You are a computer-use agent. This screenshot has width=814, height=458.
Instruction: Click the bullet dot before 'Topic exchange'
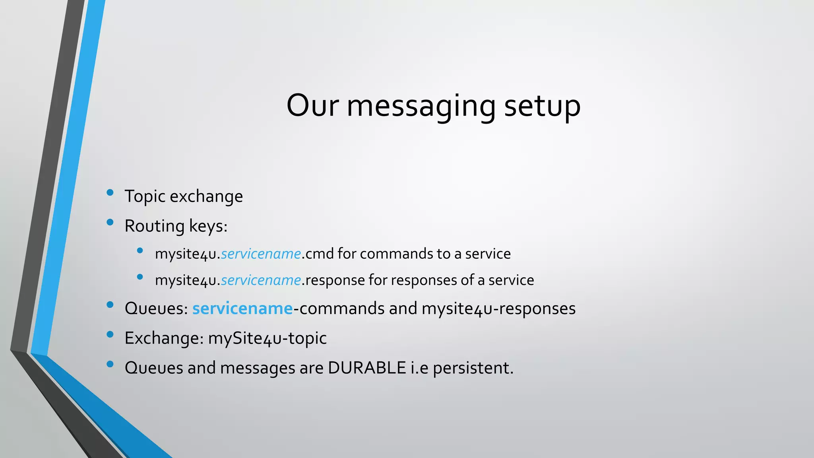(x=110, y=193)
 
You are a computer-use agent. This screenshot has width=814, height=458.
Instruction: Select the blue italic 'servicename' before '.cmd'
(x=261, y=254)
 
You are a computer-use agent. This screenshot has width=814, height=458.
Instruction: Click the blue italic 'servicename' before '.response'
(x=261, y=280)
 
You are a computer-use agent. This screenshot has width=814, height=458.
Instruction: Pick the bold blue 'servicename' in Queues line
(x=242, y=309)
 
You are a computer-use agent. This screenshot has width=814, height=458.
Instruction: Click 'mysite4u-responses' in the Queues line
(x=498, y=309)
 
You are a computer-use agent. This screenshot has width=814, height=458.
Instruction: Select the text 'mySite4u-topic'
(x=267, y=338)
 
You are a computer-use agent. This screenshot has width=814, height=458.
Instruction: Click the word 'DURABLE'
(x=366, y=368)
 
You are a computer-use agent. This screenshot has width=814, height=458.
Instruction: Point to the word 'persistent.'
(x=473, y=368)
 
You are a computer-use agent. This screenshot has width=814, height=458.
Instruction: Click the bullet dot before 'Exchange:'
(x=110, y=334)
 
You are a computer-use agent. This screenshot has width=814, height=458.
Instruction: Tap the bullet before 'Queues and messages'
(x=110, y=364)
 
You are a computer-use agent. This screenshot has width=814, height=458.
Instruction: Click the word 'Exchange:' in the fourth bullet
(x=164, y=338)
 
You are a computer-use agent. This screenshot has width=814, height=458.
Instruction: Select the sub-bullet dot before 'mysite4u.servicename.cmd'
(x=140, y=250)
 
